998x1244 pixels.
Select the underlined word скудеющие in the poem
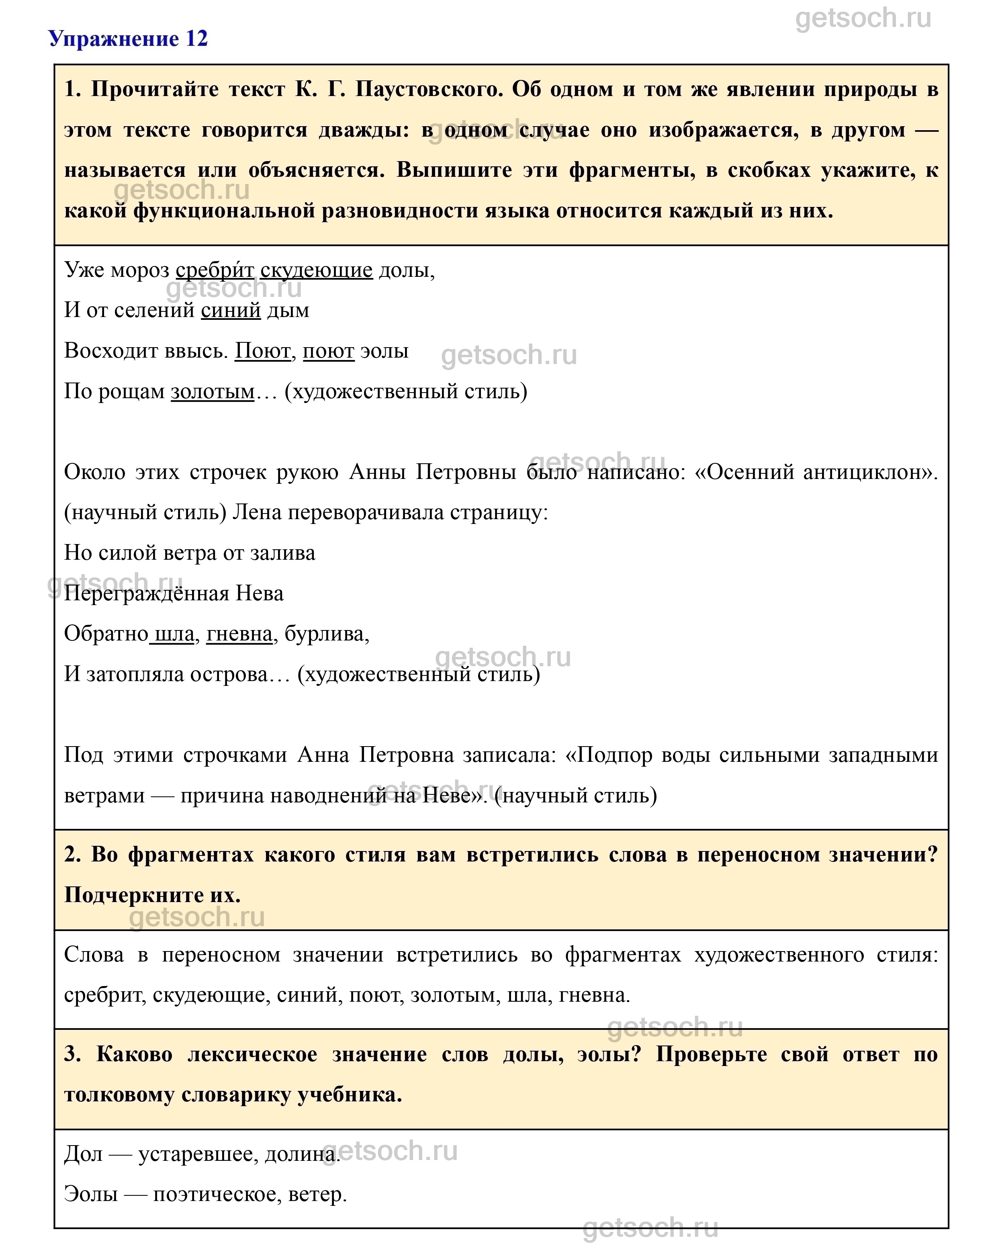(x=316, y=270)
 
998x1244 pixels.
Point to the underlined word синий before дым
(x=231, y=311)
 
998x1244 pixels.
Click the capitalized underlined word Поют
(x=262, y=351)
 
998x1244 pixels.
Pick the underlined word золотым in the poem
(x=212, y=391)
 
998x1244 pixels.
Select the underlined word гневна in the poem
(x=239, y=634)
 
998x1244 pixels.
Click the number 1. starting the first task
(x=73, y=90)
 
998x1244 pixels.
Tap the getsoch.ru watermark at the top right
(x=863, y=18)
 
